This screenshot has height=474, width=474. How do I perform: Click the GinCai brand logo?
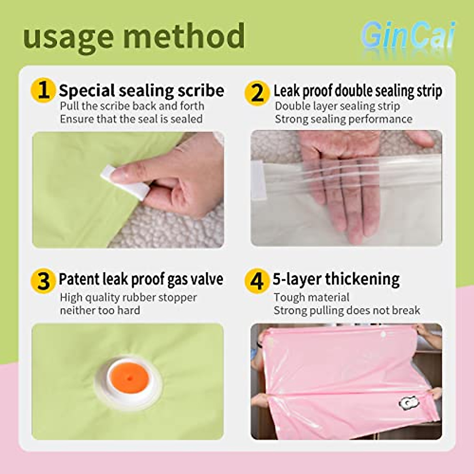tap(408, 36)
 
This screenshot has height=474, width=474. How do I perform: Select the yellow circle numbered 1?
tap(43, 90)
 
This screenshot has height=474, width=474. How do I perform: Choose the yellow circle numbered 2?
tap(257, 93)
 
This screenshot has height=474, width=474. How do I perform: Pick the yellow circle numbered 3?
tap(43, 281)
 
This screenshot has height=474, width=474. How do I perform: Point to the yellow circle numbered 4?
tap(257, 281)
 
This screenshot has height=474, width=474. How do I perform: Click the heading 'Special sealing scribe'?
tap(141, 90)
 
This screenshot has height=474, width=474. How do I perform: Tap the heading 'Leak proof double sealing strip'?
tap(357, 91)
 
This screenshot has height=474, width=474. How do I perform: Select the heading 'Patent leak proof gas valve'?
tap(141, 279)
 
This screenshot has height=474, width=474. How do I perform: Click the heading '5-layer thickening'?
tap(336, 279)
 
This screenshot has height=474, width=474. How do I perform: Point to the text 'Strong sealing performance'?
tap(343, 119)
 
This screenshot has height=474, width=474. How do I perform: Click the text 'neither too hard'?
tap(100, 310)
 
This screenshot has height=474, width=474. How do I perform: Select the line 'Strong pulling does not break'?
tap(347, 310)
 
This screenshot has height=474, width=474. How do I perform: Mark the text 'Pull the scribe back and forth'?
tap(132, 106)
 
